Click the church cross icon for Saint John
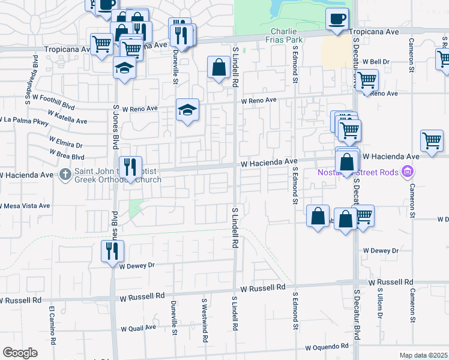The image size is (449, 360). point(67,175)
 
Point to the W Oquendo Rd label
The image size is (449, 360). point(327,347)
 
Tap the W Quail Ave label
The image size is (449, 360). point(139,328)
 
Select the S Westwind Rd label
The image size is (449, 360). point(205,321)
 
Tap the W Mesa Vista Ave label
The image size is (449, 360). point(25,205)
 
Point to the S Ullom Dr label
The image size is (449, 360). point(380,308)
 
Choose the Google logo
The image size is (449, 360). point(20,353)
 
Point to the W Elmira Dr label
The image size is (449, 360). point(62,145)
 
